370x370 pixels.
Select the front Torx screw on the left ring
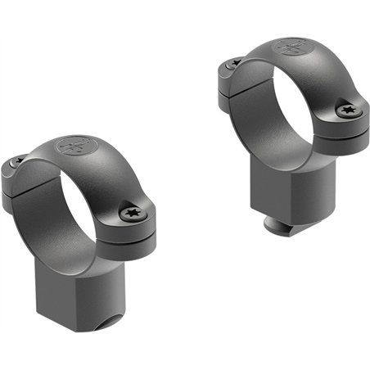pyautogui.click(x=132, y=214)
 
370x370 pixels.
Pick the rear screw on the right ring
pyautogui.click(x=235, y=62)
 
